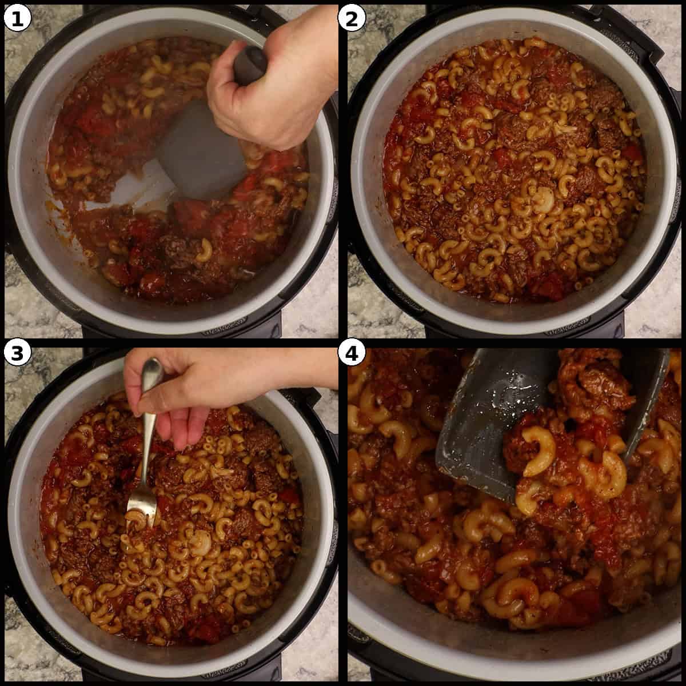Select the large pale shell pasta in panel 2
tap(543, 200)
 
